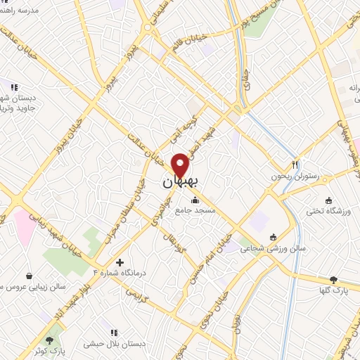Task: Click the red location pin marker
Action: pyautogui.click(x=181, y=165)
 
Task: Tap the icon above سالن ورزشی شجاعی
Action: pyautogui.click(x=273, y=236)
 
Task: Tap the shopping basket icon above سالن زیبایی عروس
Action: pyautogui.click(x=29, y=276)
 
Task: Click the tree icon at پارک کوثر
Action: pyautogui.click(x=49, y=340)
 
